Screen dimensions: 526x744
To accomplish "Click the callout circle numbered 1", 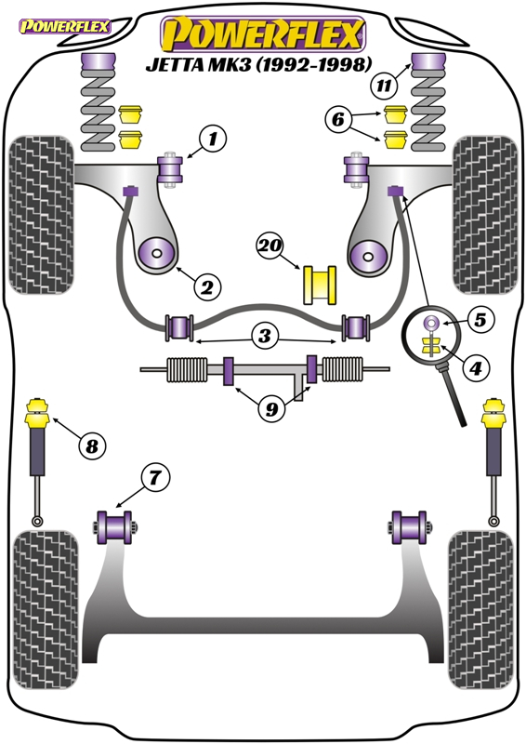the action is pos(213,139).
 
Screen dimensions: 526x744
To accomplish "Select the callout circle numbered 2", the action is pos(207,287).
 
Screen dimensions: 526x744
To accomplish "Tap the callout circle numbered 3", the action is pos(265,336).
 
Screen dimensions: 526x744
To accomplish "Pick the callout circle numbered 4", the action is pos(476,366).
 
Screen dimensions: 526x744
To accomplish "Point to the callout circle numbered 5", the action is pos(480,320).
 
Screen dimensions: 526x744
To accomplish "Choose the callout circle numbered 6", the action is pos(338,119).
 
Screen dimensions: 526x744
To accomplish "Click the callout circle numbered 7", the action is pos(154,478).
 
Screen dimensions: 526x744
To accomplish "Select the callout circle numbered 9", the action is pos(271,408).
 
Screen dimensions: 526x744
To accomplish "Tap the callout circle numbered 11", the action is pos(384,86).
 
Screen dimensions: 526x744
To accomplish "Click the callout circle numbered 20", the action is pos(270,246).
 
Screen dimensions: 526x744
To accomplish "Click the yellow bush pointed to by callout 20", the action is pos(320,285).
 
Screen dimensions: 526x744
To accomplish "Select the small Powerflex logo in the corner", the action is pos(64,26).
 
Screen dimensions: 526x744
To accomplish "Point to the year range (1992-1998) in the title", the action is pos(314,63).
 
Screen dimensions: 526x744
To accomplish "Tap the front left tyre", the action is pos(41,215).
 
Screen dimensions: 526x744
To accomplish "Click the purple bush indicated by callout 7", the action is pos(114,527).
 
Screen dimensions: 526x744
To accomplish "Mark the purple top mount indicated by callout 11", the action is pos(429,63).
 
